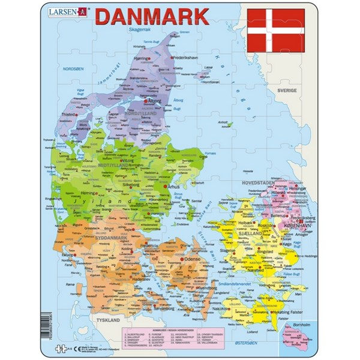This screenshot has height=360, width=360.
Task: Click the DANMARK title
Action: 153,16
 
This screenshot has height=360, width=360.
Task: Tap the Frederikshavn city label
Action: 188,57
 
